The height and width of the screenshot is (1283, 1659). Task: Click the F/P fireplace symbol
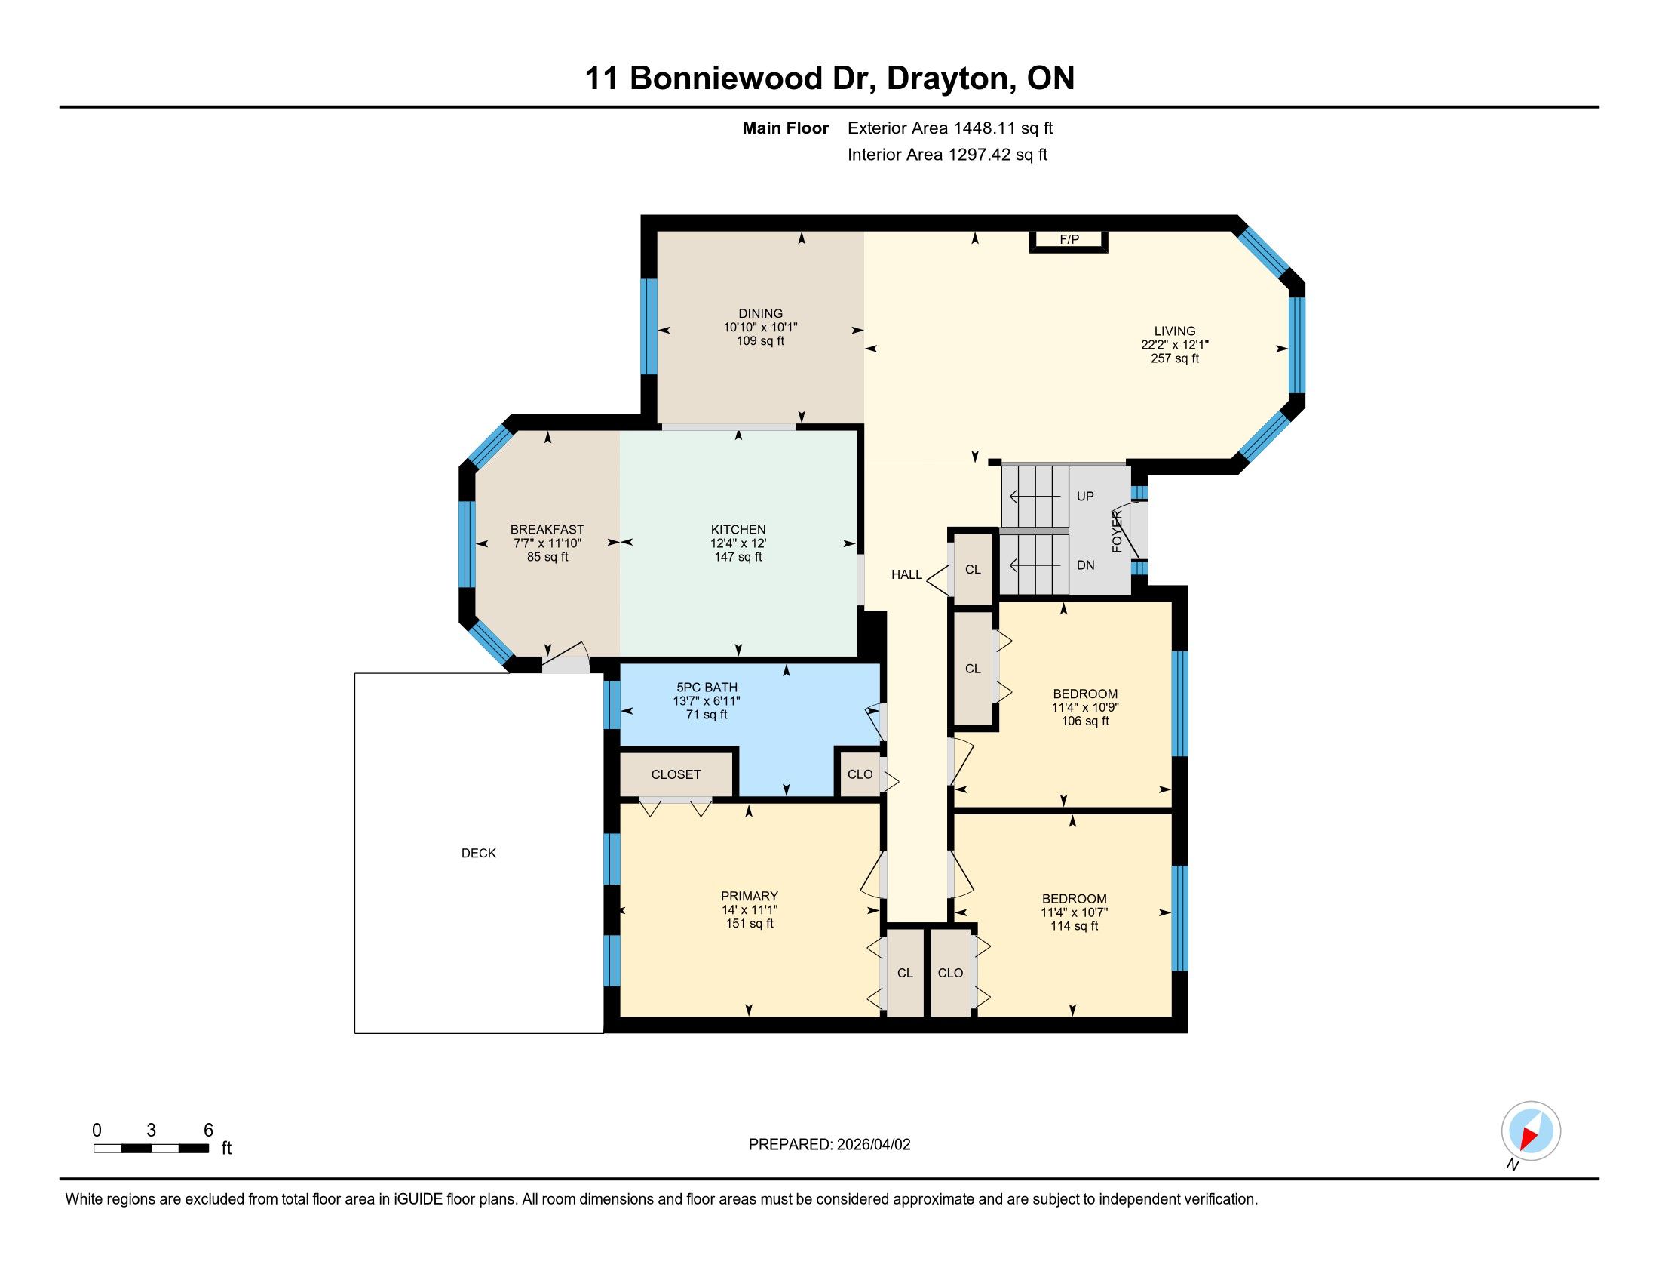click(1069, 240)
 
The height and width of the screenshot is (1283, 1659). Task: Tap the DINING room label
click(760, 313)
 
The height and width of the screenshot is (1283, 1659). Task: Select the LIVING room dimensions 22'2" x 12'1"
click(1174, 344)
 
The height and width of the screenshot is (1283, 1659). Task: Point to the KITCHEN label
click(738, 530)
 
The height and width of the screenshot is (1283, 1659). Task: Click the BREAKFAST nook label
click(547, 530)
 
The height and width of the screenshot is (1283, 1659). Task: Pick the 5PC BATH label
click(707, 687)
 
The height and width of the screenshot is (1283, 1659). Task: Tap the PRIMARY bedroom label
click(750, 896)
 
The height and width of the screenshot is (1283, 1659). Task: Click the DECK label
click(479, 854)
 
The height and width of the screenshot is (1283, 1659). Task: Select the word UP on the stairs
click(1085, 497)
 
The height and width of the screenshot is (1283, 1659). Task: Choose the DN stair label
click(1085, 565)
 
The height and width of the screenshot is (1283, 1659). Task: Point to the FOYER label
click(1118, 531)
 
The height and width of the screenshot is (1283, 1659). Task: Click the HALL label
click(906, 574)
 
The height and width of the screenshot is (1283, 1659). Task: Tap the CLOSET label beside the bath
click(676, 774)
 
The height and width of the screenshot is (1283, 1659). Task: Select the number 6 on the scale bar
click(208, 1131)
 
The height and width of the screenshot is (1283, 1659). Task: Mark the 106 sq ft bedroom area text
click(1084, 721)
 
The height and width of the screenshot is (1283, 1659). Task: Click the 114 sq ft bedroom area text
click(1074, 927)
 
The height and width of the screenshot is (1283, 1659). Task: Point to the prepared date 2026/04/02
click(873, 1145)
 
